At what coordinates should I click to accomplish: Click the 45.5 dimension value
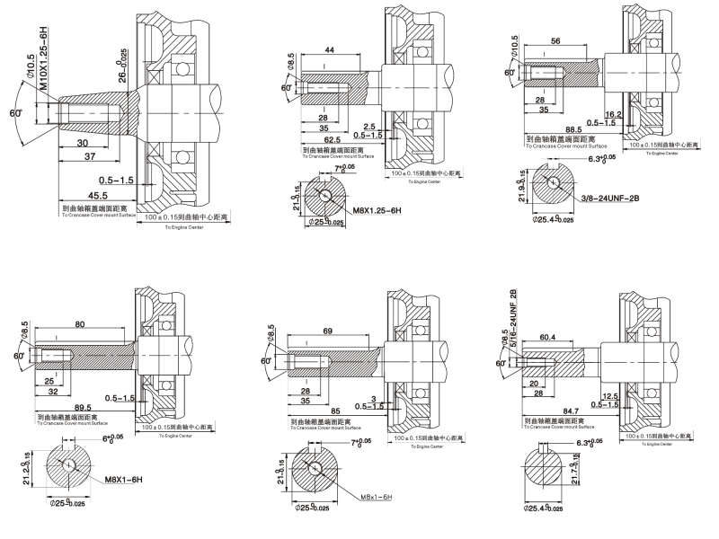pyautogui.click(x=73, y=195)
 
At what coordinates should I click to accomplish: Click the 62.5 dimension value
pyautogui.click(x=333, y=140)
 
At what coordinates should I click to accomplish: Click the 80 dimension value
pyautogui.click(x=81, y=324)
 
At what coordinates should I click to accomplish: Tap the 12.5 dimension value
pyautogui.click(x=613, y=396)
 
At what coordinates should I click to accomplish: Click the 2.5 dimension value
pyautogui.click(x=369, y=126)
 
